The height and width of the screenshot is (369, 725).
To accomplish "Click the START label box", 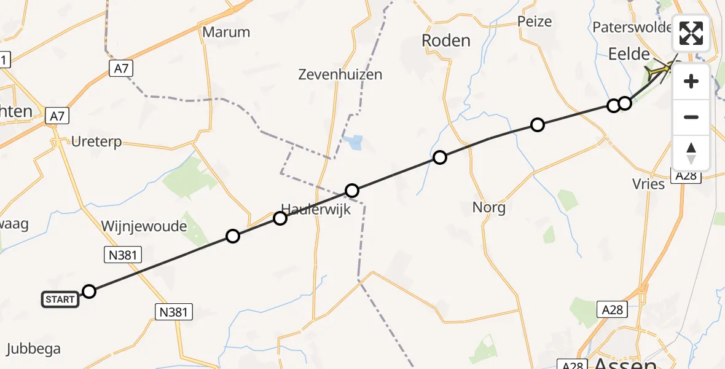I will point(60,300).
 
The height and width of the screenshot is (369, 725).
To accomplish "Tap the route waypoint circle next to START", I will point(89,292).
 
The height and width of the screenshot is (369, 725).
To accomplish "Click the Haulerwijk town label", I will point(316,209).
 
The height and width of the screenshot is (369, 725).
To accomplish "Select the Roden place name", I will point(446,41).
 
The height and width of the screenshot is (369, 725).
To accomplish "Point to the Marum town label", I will point(226,32).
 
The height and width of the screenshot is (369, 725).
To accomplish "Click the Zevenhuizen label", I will point(340,75).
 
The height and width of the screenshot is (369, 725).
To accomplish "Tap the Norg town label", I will point(489,207).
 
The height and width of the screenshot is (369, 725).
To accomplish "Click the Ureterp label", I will point(96,142).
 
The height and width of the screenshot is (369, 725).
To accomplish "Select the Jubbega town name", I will point(34,349).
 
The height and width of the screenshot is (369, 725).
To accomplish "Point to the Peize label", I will point(535,22).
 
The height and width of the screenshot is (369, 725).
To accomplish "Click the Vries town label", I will point(648,184).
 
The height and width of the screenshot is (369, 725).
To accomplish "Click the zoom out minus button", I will point(691,117).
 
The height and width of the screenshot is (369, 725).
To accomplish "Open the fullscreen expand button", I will point(691,33).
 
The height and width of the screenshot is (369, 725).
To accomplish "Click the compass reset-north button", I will point(691,153).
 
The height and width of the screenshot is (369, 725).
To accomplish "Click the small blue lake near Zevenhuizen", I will point(353,143).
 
